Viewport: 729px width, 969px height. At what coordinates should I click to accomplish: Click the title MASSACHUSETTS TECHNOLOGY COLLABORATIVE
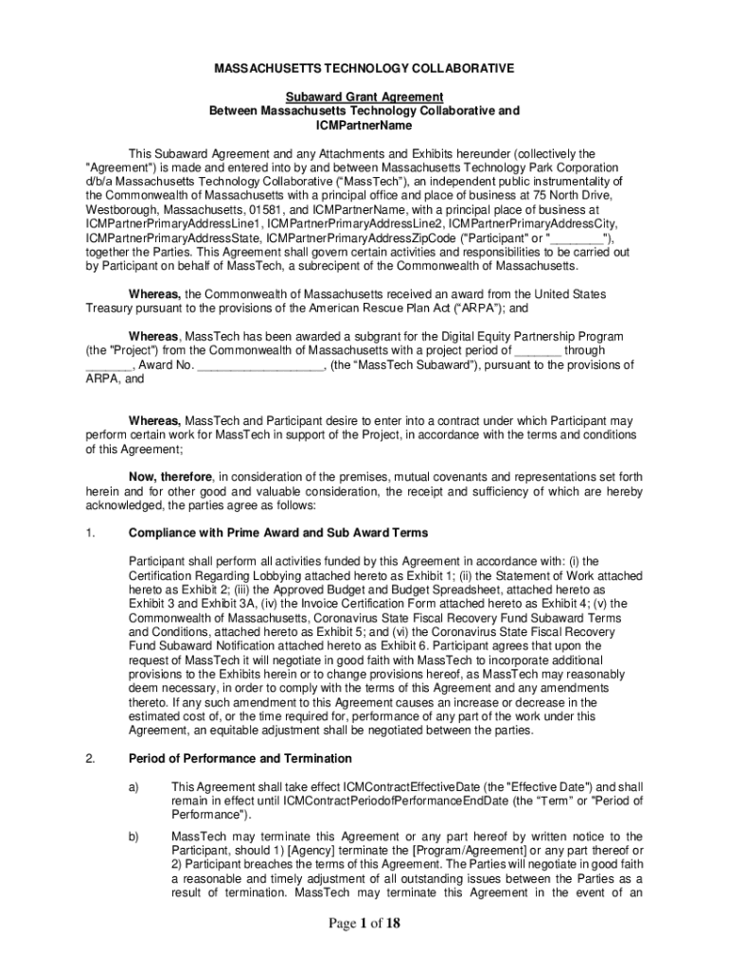coord(364,69)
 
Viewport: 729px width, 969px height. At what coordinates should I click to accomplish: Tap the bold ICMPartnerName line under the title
coord(364,125)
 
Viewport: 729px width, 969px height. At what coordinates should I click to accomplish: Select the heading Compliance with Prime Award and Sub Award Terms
coord(278,533)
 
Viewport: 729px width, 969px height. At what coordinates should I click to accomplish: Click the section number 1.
coord(90,533)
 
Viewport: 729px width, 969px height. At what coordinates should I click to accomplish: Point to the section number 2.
coord(90,758)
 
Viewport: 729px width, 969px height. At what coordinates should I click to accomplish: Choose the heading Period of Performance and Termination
coord(240,758)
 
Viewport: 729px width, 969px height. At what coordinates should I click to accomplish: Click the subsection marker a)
coord(133,786)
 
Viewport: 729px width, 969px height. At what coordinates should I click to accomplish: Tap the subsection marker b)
coord(133,837)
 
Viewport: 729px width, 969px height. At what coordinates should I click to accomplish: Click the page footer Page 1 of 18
coord(364,925)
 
